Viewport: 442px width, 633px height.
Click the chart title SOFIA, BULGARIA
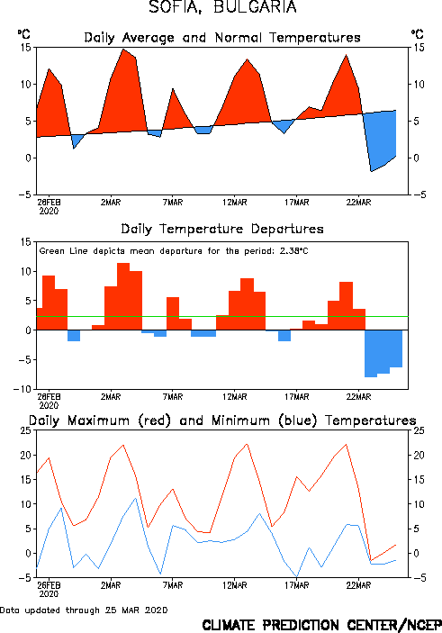(222, 7)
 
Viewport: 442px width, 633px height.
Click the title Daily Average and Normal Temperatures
(222, 38)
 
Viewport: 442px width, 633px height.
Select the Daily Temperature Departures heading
(222, 229)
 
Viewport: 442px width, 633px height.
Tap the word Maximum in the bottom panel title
(98, 420)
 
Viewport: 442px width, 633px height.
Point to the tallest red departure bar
(123, 296)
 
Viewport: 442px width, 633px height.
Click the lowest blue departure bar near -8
(371, 354)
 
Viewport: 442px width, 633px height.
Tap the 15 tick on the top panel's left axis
(26, 48)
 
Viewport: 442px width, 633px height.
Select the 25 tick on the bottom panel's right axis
(419, 430)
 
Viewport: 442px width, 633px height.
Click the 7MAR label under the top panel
(173, 203)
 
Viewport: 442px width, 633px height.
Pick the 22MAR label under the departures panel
(358, 397)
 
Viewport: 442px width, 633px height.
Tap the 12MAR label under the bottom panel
(235, 585)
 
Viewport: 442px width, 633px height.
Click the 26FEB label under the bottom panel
(49, 585)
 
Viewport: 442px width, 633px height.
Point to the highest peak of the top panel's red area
(123, 50)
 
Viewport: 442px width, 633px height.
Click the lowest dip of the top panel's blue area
(371, 171)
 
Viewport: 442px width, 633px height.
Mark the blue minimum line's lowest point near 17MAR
(297, 577)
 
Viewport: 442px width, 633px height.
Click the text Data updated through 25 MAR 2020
(84, 610)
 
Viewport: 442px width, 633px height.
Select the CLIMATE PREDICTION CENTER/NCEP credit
(321, 625)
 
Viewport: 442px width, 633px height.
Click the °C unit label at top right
(418, 34)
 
